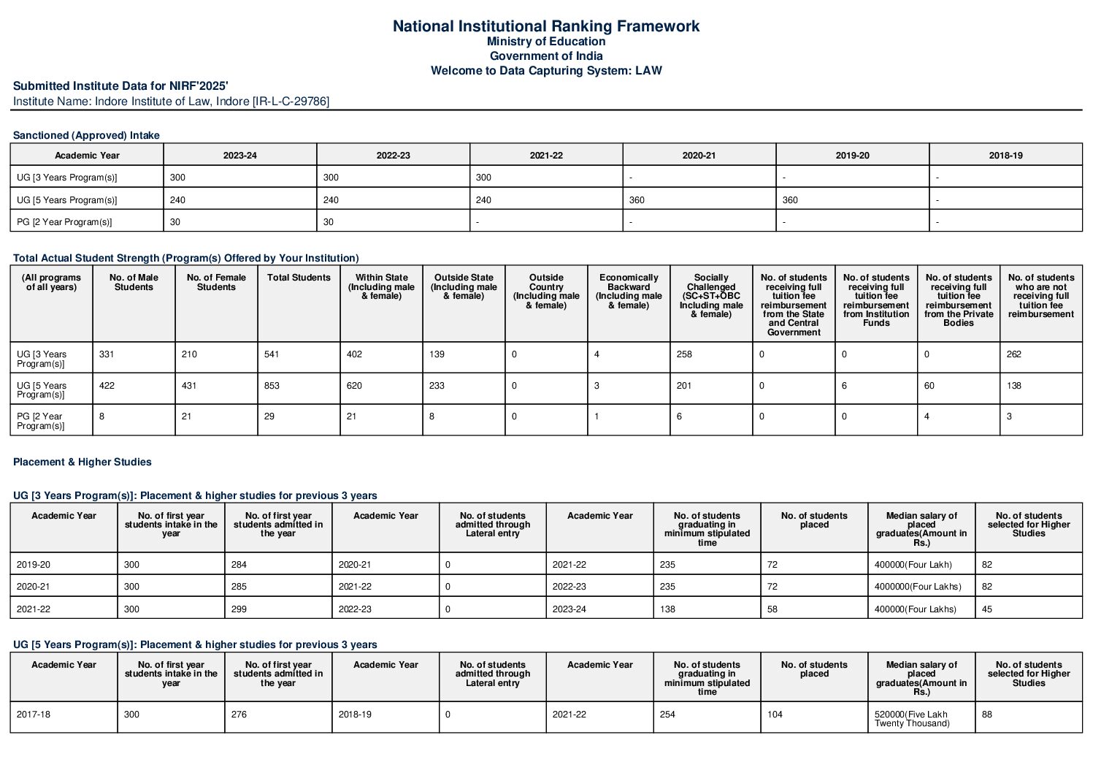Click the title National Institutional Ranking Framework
click(545, 26)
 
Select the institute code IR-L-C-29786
click(291, 102)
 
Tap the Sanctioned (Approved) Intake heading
click(86, 135)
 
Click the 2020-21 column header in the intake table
click(699, 156)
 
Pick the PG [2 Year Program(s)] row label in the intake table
click(64, 222)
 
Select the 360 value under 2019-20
click(790, 200)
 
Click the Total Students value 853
click(272, 386)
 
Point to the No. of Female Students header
click(216, 282)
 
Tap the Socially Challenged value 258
click(684, 354)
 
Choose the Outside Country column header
click(546, 291)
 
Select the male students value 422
click(107, 386)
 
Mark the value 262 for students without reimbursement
click(1014, 354)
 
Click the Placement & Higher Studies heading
click(83, 462)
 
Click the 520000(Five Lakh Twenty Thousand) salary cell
click(912, 719)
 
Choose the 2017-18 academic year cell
click(34, 715)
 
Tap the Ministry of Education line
click(545, 42)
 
